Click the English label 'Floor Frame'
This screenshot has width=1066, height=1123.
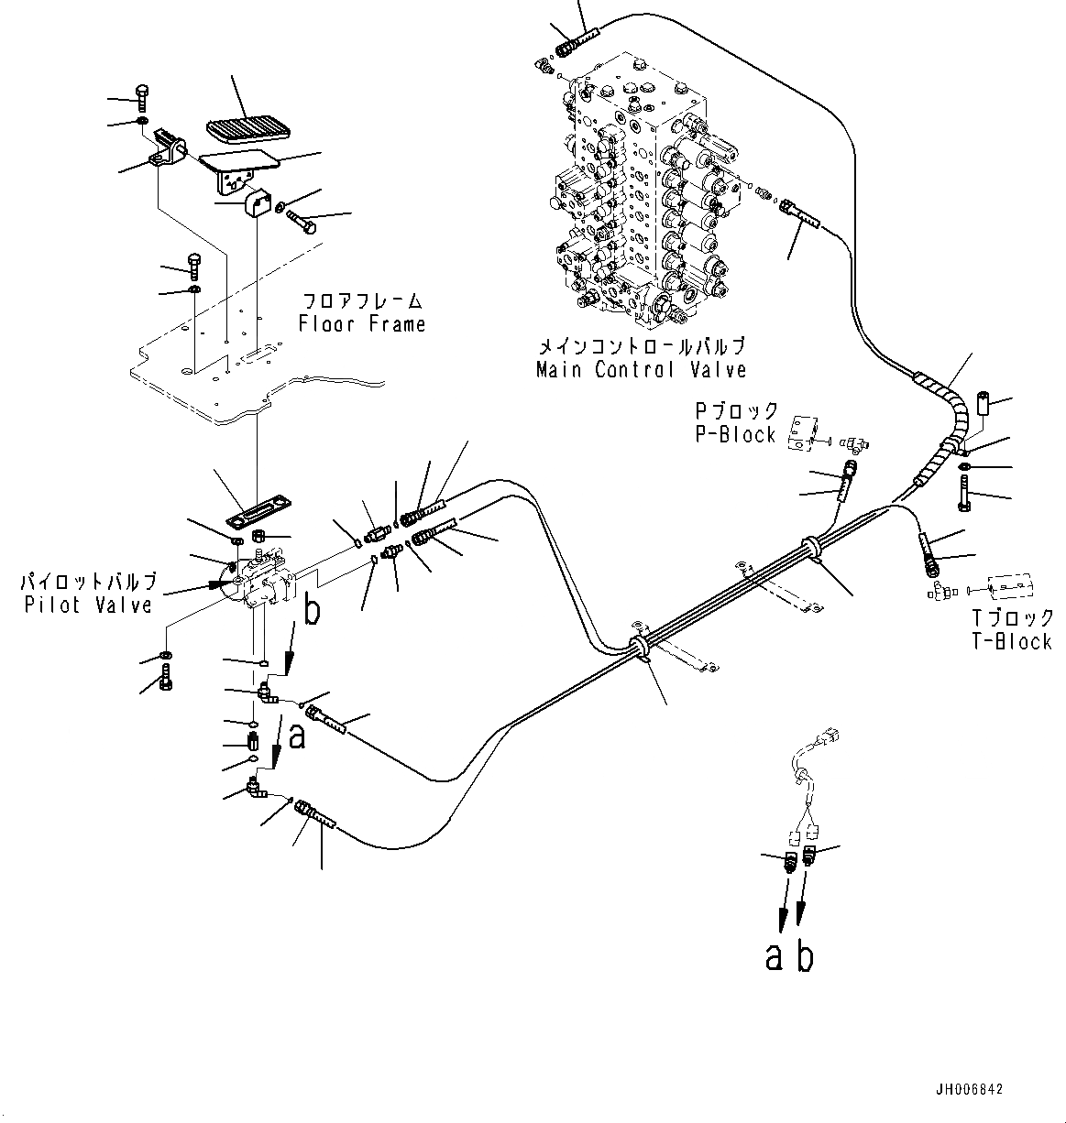[362, 323]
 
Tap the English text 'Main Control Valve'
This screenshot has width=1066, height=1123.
[641, 369]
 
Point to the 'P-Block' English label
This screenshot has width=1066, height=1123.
[735, 434]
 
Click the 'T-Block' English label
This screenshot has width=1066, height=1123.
[1012, 641]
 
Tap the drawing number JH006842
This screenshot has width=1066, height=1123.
[969, 1089]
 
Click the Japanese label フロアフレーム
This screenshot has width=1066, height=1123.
[363, 301]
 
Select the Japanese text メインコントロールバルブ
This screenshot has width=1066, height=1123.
[641, 346]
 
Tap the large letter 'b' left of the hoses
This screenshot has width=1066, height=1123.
[312, 611]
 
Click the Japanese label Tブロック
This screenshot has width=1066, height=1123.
[1012, 618]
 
